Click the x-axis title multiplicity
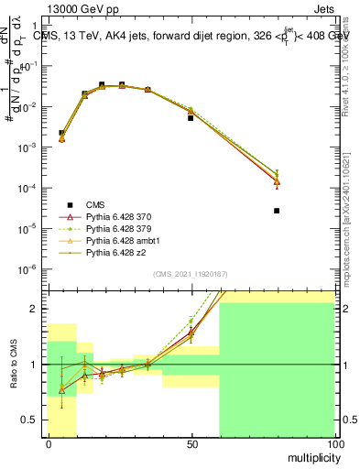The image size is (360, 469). (x=309, y=455)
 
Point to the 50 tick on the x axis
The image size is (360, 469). (x=191, y=444)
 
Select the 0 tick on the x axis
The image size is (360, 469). (x=49, y=444)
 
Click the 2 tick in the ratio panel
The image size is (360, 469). (x=38, y=309)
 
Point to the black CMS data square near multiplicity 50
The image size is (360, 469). (x=191, y=118)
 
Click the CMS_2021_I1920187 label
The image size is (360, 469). (x=190, y=274)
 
